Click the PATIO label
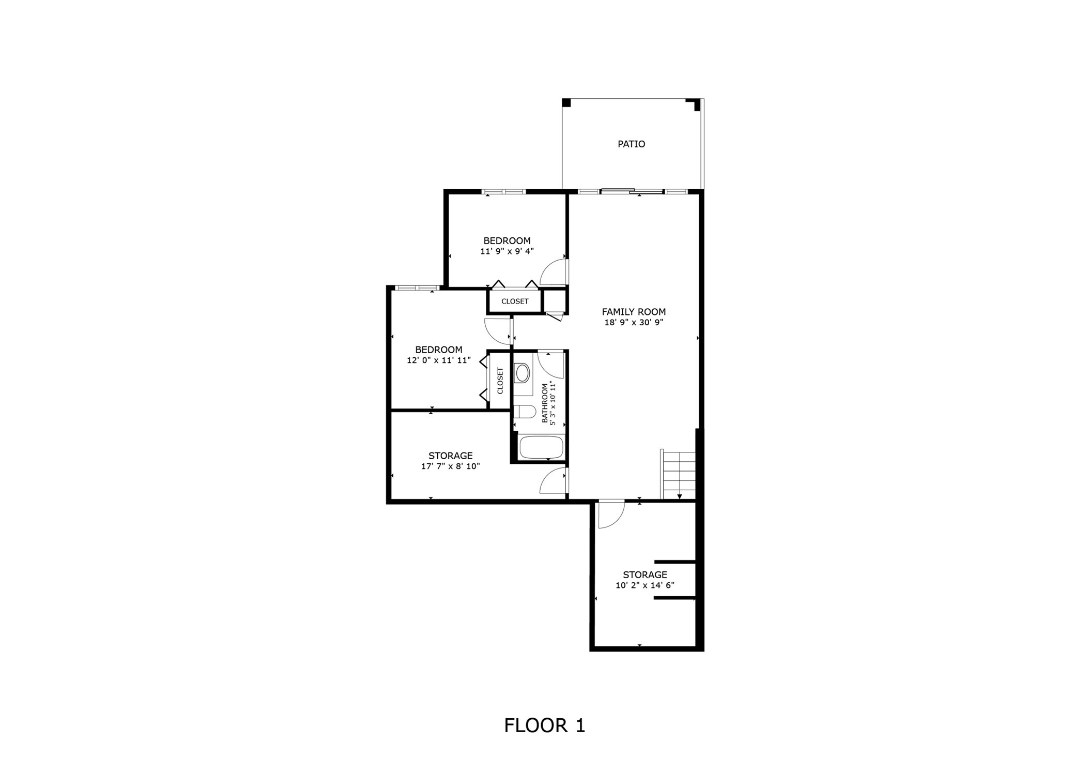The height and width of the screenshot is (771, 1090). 631,144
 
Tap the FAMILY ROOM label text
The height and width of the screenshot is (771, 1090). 634,312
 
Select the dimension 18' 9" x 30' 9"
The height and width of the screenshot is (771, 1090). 634,323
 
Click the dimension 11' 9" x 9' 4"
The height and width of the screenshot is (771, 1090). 506,251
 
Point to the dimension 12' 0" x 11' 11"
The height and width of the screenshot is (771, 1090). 438,360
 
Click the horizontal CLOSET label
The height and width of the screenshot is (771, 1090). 515,301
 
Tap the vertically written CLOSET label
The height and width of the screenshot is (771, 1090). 500,381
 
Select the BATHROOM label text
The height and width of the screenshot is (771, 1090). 544,403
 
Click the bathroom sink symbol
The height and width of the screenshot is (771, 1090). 523,373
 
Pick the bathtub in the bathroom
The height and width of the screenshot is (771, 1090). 541,447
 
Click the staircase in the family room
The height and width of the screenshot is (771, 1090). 679,475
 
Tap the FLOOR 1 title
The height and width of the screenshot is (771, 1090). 544,725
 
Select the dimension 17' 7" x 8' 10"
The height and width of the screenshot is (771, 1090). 450,466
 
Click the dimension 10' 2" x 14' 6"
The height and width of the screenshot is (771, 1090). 644,585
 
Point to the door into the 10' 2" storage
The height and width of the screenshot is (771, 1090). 610,515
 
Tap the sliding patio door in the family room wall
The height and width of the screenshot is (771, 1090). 632,191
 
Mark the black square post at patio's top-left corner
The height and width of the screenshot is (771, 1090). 566,102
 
